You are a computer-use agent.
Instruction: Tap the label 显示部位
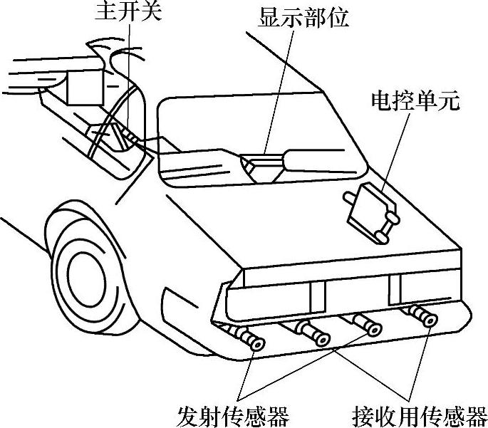(303, 17)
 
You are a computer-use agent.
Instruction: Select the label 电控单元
(415, 100)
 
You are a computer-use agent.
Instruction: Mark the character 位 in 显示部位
(338, 17)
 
